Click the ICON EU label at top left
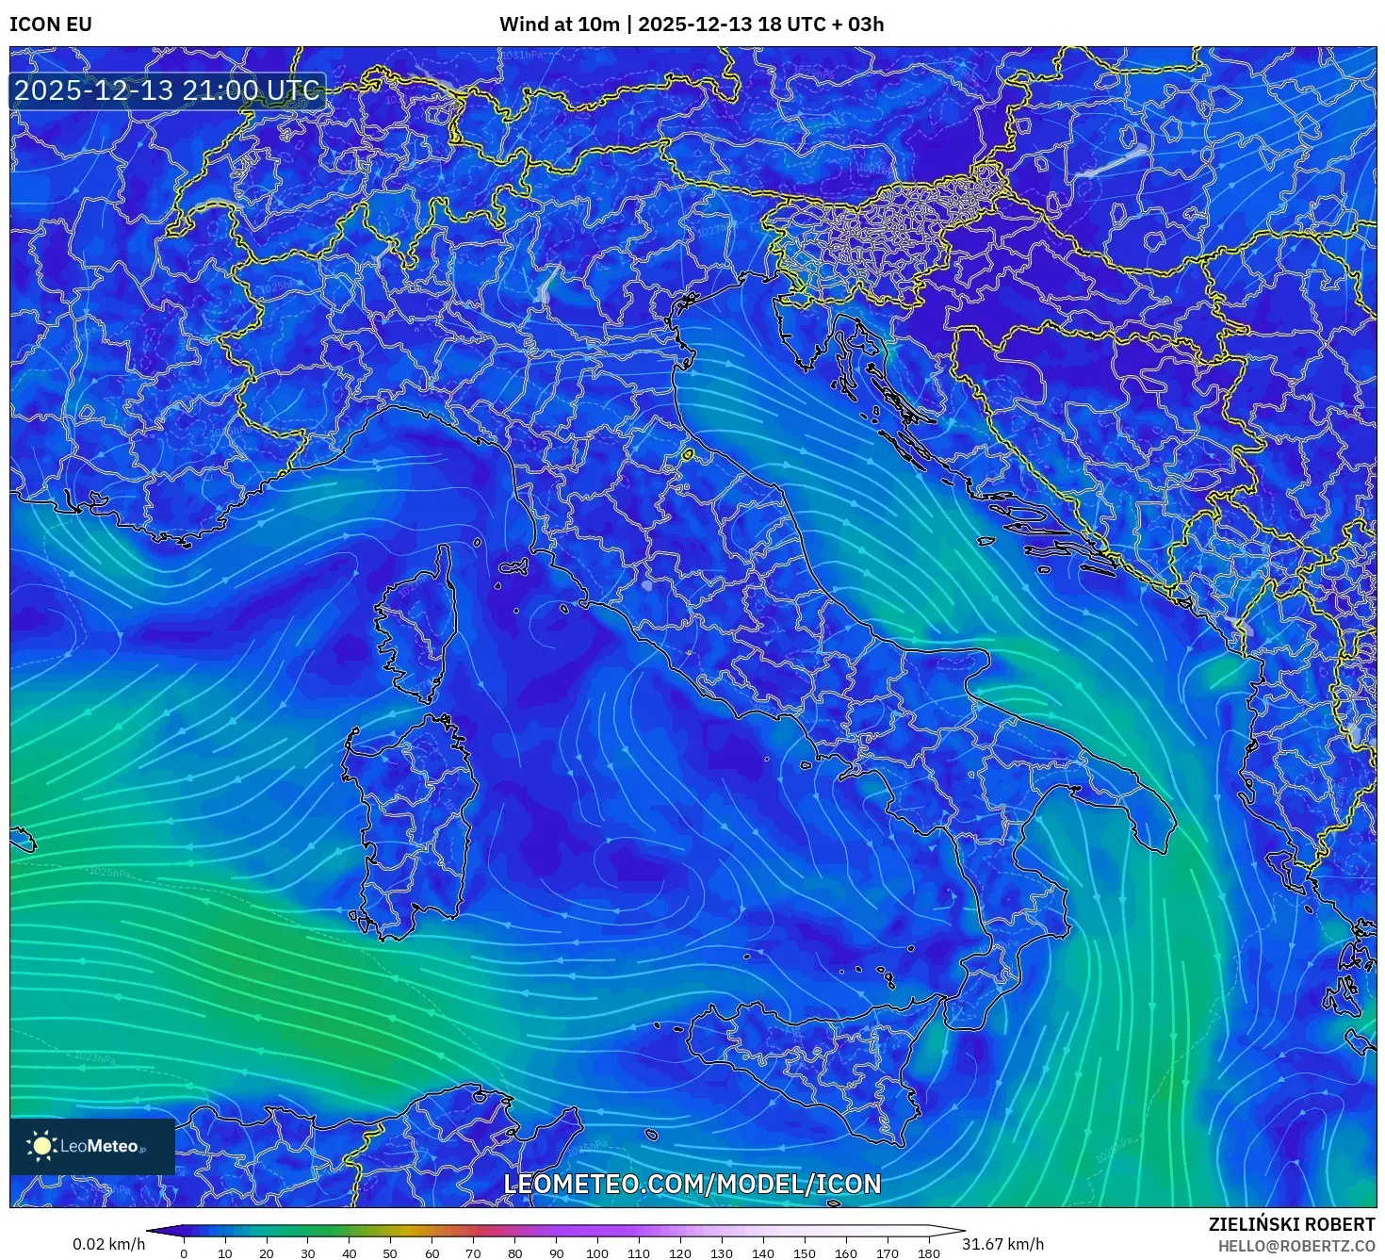(x=51, y=25)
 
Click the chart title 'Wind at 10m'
(x=559, y=25)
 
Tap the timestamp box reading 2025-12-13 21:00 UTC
(x=167, y=90)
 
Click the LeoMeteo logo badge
(x=92, y=1146)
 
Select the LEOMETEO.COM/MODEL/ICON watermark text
(x=692, y=1185)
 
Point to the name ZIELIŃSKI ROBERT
(x=1292, y=1224)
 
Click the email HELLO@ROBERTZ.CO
(x=1296, y=1246)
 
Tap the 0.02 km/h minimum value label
(x=109, y=1245)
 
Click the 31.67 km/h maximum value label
(x=1002, y=1245)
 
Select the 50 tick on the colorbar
(x=390, y=1253)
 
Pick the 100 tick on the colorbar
(x=597, y=1253)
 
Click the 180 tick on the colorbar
(x=929, y=1253)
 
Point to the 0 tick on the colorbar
(x=184, y=1253)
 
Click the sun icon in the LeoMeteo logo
(x=41, y=1146)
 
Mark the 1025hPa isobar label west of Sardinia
(x=109, y=873)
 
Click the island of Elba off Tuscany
(x=513, y=567)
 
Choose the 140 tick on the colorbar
(x=763, y=1253)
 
